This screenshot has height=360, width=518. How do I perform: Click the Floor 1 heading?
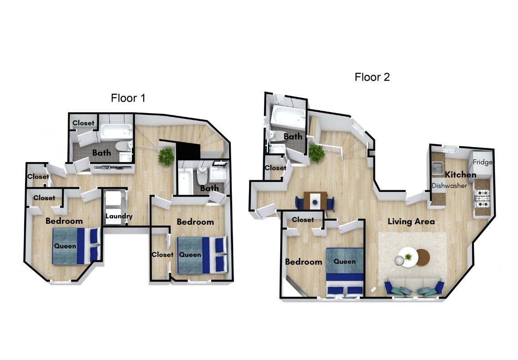tap(128, 98)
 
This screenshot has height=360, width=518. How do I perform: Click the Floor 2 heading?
tap(372, 77)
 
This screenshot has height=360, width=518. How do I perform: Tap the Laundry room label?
tap(119, 216)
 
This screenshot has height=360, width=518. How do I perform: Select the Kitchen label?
tap(460, 175)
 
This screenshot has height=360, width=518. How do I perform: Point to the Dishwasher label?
tap(449, 185)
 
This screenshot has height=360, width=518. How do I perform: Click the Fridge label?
tap(483, 162)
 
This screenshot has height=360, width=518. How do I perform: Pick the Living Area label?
tap(411, 222)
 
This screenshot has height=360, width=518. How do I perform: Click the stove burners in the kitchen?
tap(482, 198)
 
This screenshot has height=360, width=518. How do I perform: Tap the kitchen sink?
tap(438, 168)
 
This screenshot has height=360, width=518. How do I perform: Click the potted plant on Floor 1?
tap(166, 156)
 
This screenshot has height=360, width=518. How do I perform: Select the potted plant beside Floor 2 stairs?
tap(317, 153)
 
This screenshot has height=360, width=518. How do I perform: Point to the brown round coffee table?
tap(423, 257)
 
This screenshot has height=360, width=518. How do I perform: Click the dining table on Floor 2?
tap(315, 200)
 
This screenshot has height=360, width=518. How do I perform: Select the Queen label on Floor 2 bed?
tap(344, 261)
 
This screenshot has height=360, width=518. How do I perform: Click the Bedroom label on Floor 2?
tap(304, 261)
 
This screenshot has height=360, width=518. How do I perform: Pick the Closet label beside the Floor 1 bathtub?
tap(83, 123)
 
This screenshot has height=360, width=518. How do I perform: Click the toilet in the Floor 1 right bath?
tap(202, 175)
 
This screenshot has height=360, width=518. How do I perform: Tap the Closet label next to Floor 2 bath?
tap(275, 168)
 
